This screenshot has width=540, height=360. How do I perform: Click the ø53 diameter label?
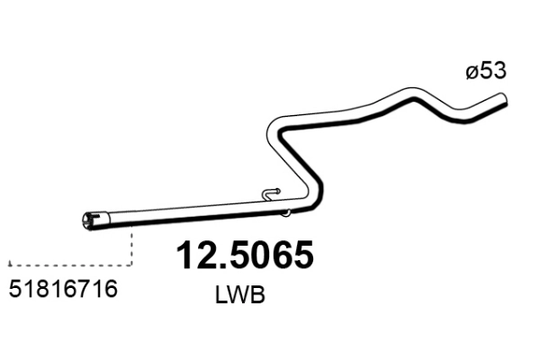486,73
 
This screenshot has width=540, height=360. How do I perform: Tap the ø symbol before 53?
471,73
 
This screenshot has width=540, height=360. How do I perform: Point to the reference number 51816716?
63,292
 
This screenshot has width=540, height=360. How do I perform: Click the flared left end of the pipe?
90,219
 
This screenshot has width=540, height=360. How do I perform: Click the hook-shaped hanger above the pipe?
271,191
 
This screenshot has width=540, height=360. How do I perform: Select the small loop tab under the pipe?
285,213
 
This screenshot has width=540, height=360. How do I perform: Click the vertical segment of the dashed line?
132,247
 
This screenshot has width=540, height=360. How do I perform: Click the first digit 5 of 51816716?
15,292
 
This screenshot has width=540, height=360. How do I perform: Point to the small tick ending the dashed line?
10,264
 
